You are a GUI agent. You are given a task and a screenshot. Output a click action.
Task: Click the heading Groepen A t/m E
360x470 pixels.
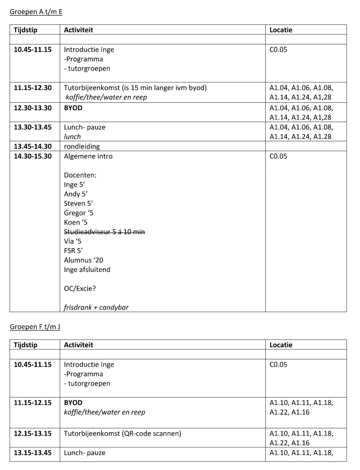point(36,11)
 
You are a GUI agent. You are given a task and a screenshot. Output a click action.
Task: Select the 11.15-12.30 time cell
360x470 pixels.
point(33,88)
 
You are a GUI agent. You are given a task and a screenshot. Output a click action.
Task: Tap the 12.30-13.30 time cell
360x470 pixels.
point(33,108)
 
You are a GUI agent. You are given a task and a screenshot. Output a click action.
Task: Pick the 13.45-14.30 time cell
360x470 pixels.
point(33,146)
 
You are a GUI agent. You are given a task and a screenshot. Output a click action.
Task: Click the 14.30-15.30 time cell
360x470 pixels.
point(33,156)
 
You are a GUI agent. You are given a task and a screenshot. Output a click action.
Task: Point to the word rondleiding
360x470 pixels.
point(82,146)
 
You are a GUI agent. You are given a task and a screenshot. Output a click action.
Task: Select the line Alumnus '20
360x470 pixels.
point(83,259)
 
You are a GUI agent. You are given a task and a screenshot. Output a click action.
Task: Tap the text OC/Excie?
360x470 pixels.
point(80,289)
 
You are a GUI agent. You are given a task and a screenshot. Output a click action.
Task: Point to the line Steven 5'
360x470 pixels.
point(79,204)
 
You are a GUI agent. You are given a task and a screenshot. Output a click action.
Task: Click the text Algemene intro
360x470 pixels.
point(88,156)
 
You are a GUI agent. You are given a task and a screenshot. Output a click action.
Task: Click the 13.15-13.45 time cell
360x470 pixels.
point(33,453)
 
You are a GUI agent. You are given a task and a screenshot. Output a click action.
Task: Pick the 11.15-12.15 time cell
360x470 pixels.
point(33,402)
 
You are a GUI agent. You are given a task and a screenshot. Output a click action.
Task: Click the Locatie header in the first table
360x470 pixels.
point(281,30)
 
